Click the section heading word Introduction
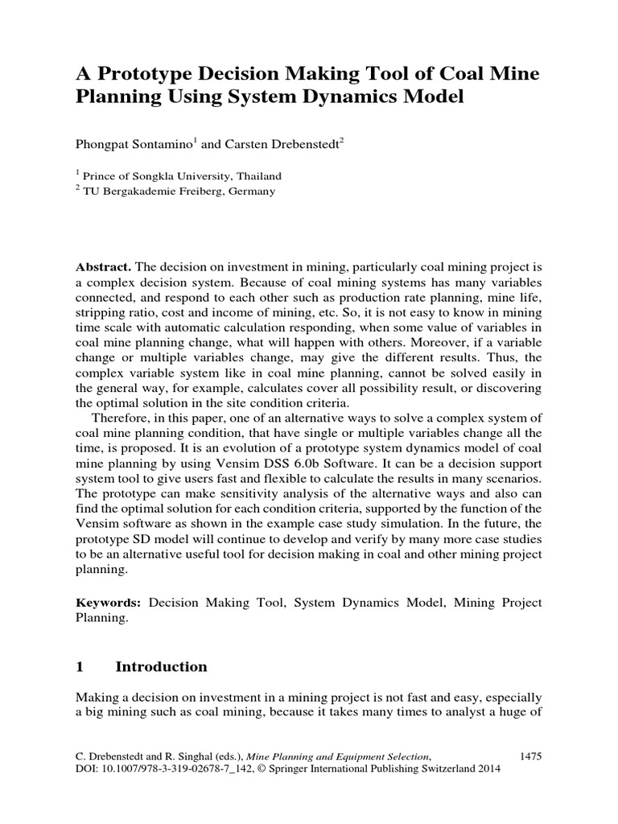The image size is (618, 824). click(162, 667)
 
